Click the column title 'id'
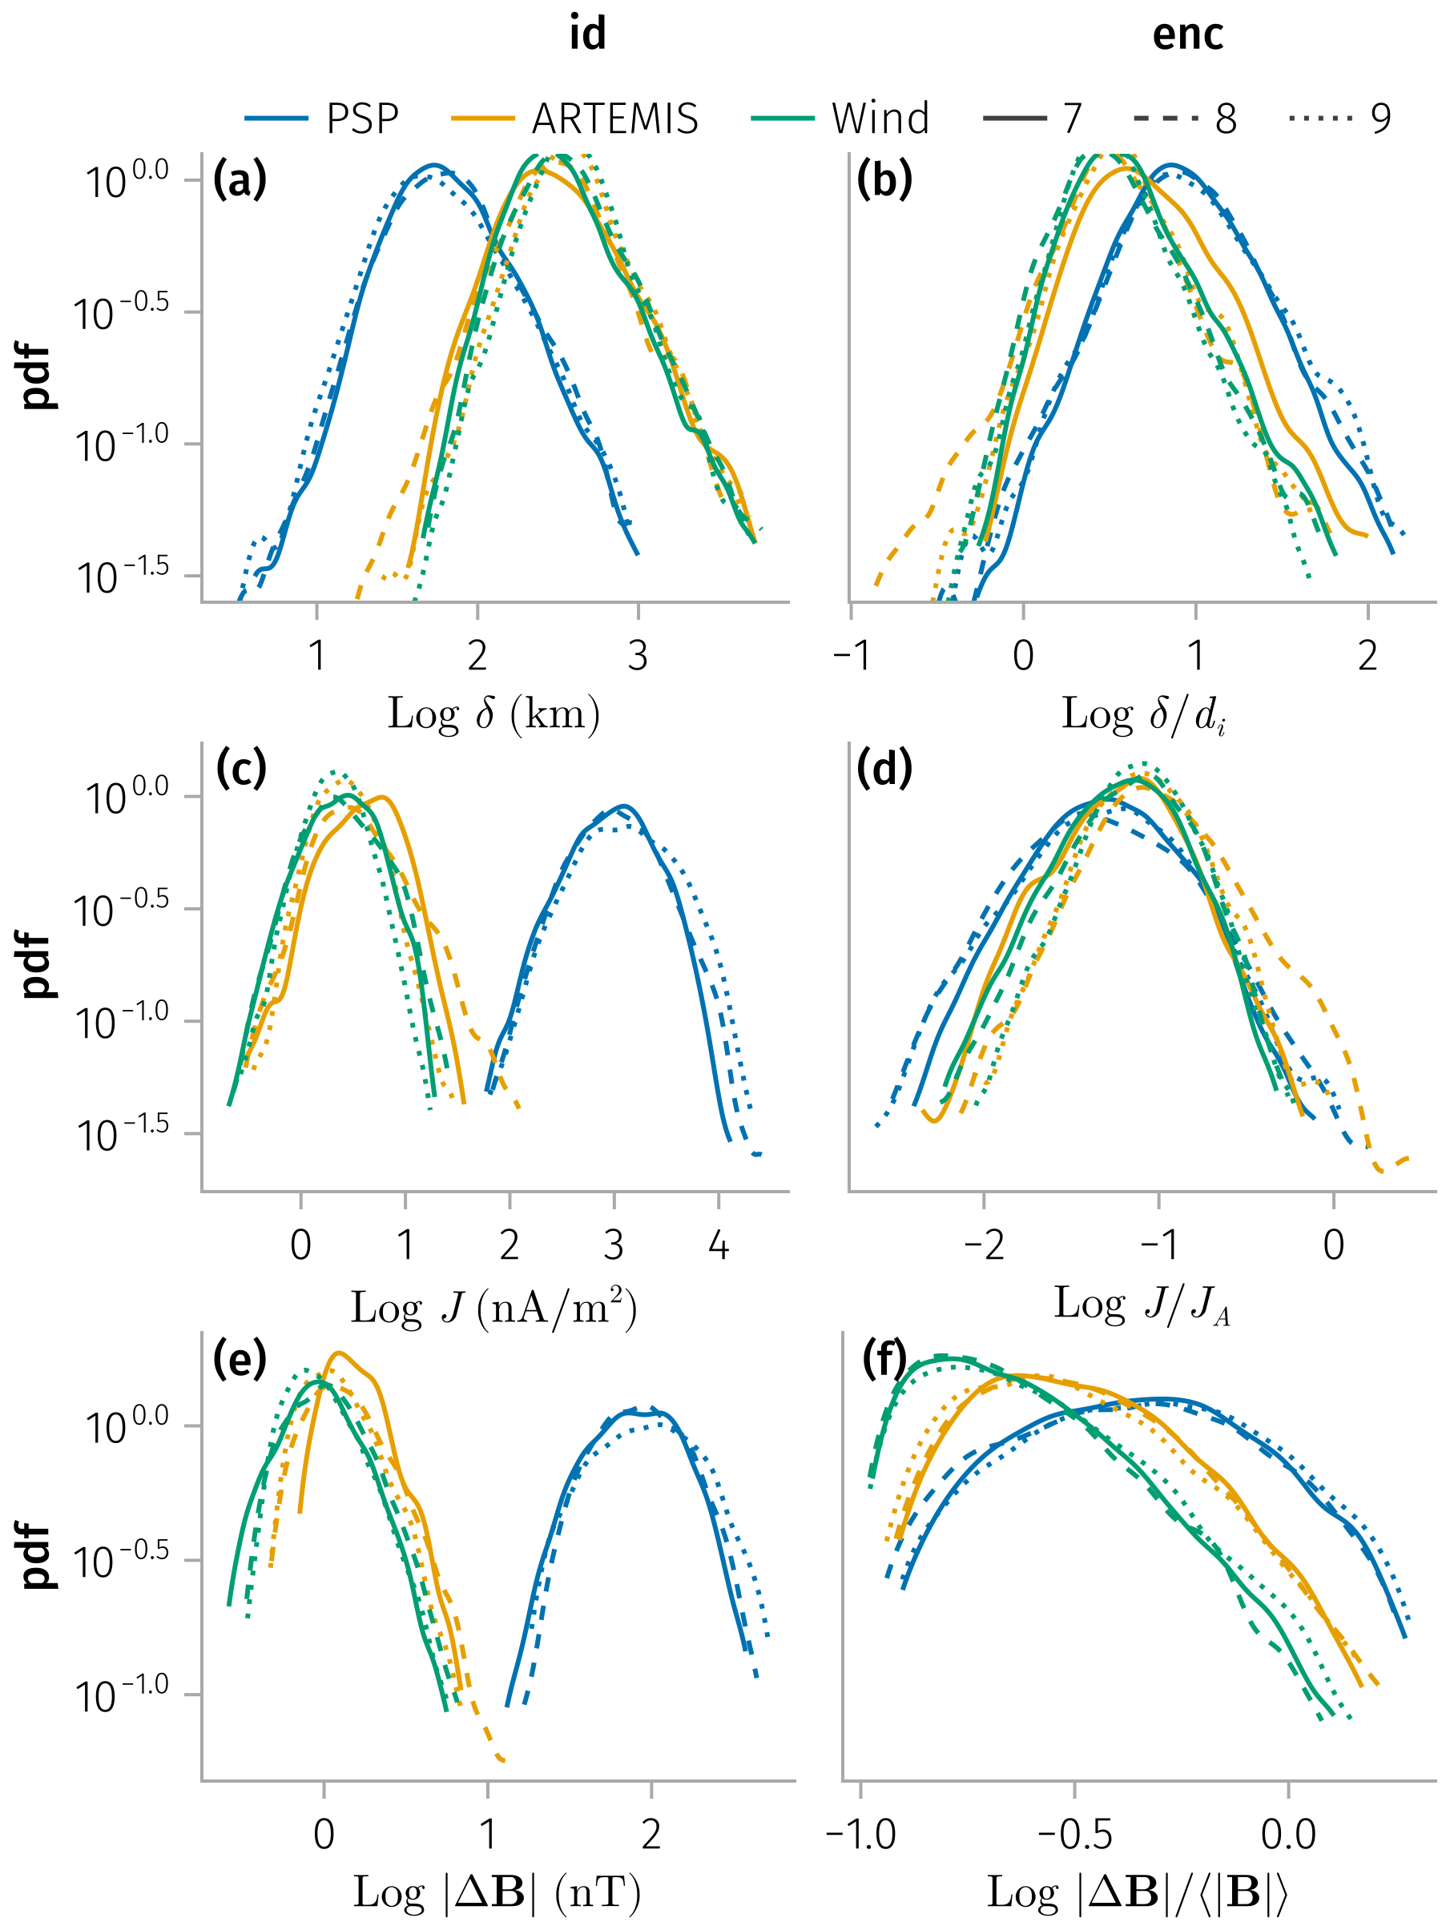click(x=587, y=34)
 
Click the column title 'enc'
click(x=1187, y=34)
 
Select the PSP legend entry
click(x=323, y=119)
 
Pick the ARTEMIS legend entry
click(x=575, y=119)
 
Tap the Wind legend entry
click(x=840, y=119)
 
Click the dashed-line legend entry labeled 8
click(x=1186, y=119)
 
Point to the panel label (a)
click(x=240, y=180)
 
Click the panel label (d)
click(x=884, y=768)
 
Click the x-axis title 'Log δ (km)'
click(x=493, y=714)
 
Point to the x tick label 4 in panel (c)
click(x=718, y=1245)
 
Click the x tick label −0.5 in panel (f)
click(x=1074, y=1834)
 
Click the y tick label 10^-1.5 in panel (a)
click(x=123, y=576)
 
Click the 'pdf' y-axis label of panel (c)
click(x=37, y=964)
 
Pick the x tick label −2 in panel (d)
click(x=983, y=1245)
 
